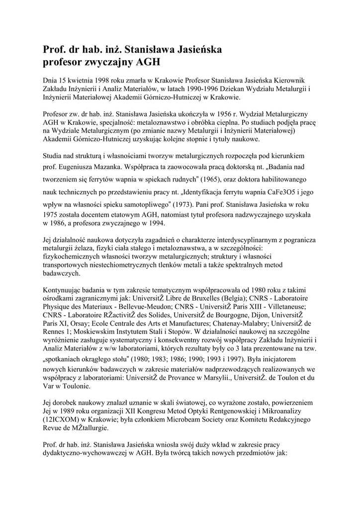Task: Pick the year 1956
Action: point(212,114)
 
